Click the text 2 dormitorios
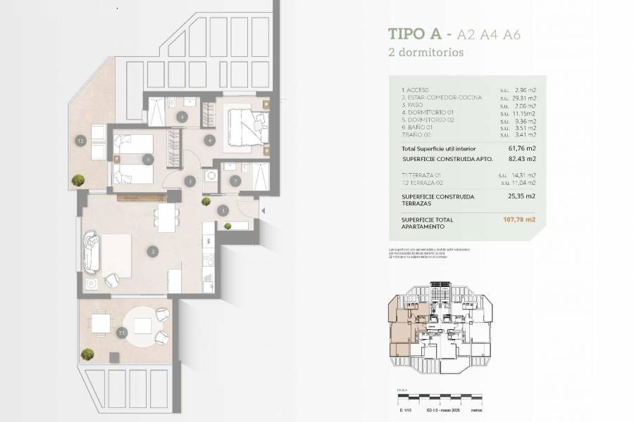tap(425, 52)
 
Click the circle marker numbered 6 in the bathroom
tap(182, 117)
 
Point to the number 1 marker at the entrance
tap(223, 210)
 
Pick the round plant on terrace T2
tap(77, 180)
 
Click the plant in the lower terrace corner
tap(88, 354)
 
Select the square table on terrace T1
tap(100, 323)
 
